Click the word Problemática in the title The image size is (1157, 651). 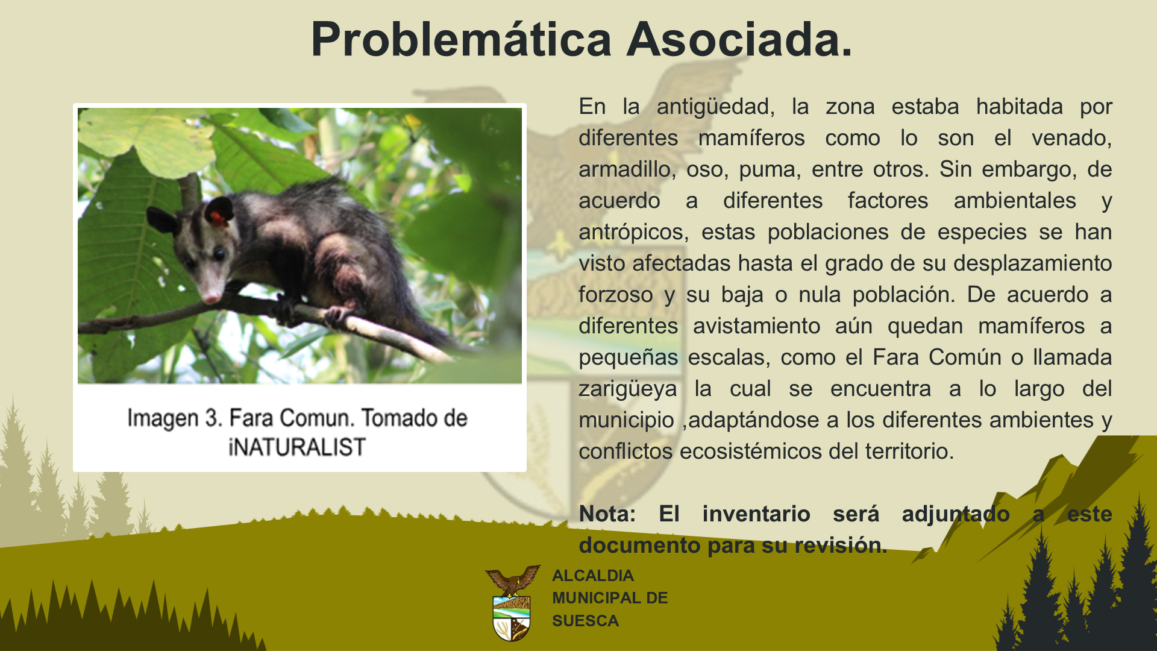tap(462, 40)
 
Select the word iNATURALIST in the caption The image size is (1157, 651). tap(297, 447)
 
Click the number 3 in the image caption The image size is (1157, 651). tap(211, 418)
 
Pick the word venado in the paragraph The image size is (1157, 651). tap(1071, 138)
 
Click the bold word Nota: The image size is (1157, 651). tap(607, 514)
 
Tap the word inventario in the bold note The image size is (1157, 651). tap(756, 514)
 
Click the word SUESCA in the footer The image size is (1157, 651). tap(585, 621)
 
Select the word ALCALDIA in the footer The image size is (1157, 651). tap(593, 576)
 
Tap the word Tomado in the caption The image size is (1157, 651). tap(400, 418)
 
